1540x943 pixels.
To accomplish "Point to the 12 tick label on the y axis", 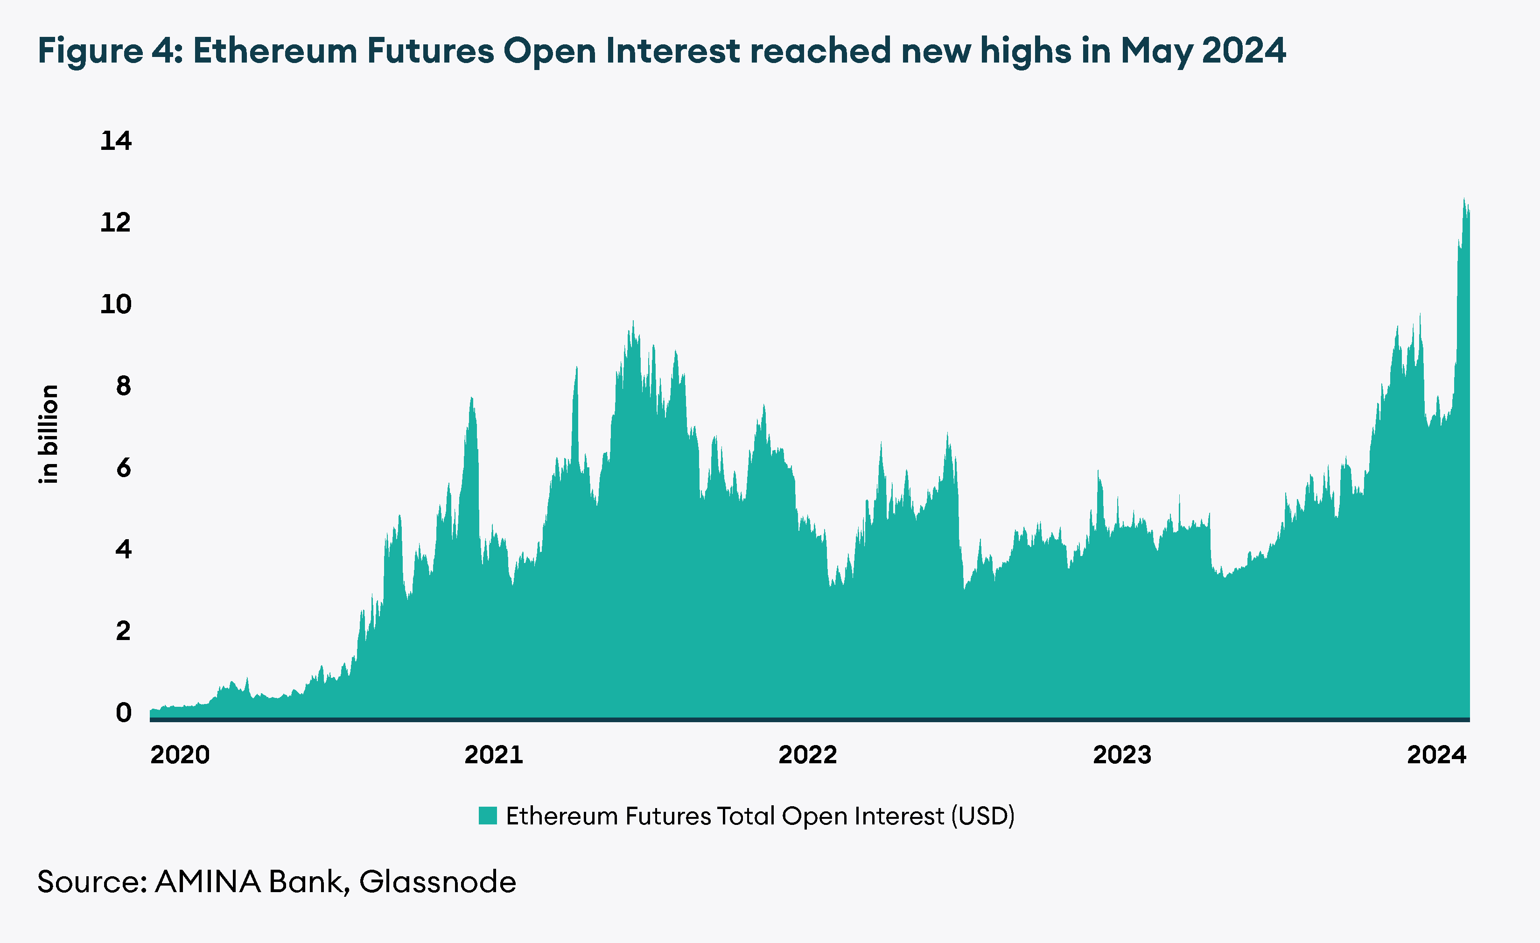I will pos(116,223).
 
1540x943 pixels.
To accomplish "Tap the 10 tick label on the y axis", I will pos(116,304).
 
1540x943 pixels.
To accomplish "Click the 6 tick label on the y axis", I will pos(123,468).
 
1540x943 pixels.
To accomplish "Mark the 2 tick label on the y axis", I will pos(123,631).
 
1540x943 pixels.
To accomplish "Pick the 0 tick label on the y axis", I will pos(123,713).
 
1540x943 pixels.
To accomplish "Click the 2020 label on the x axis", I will pos(180,755).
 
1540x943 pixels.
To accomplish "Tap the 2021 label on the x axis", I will pos(494,755).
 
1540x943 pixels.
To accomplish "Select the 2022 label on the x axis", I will pos(807,755).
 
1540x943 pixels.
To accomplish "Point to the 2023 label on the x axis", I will pos(1122,755).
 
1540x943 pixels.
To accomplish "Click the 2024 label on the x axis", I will pos(1436,755).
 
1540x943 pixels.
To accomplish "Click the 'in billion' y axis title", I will pos(49,434).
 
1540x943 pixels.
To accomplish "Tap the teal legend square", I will pos(488,816).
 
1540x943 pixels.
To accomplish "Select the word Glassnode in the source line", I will pos(438,882).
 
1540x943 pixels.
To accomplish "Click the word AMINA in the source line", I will pos(208,882).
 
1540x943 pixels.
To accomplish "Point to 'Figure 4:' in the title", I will pos(109,51).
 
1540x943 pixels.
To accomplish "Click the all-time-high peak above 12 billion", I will pos(1464,201).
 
